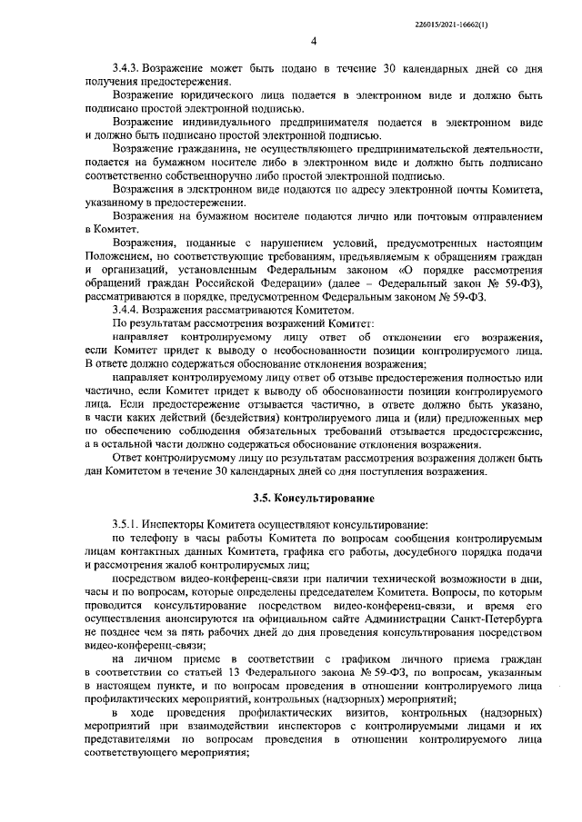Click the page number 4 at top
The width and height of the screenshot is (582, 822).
point(313,41)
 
